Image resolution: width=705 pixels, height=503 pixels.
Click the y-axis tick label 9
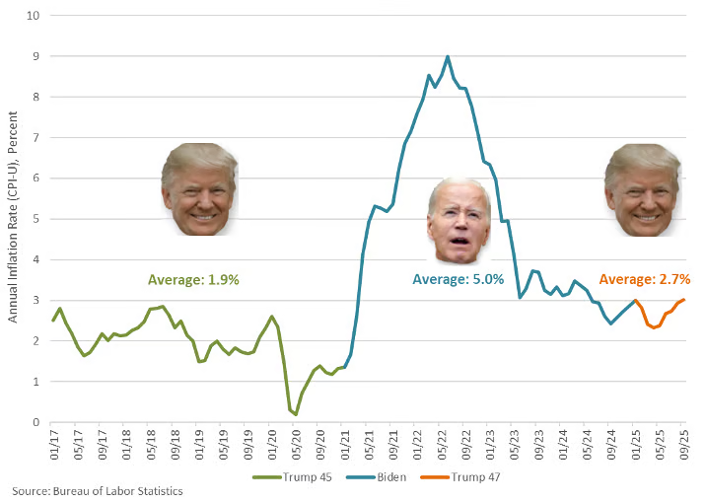[35, 56]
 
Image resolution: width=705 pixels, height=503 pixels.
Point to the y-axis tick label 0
[35, 422]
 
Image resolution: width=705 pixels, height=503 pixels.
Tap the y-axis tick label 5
[35, 219]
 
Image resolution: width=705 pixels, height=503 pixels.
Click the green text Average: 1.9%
[193, 280]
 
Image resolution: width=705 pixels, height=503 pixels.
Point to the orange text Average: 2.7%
[644, 280]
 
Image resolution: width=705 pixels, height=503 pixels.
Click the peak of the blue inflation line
[448, 57]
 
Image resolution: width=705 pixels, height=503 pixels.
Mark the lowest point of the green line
[296, 413]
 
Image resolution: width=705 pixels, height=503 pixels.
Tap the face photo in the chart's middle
[458, 223]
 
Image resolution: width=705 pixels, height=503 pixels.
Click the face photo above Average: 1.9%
[199, 189]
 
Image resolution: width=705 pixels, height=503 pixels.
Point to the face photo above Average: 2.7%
[642, 189]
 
